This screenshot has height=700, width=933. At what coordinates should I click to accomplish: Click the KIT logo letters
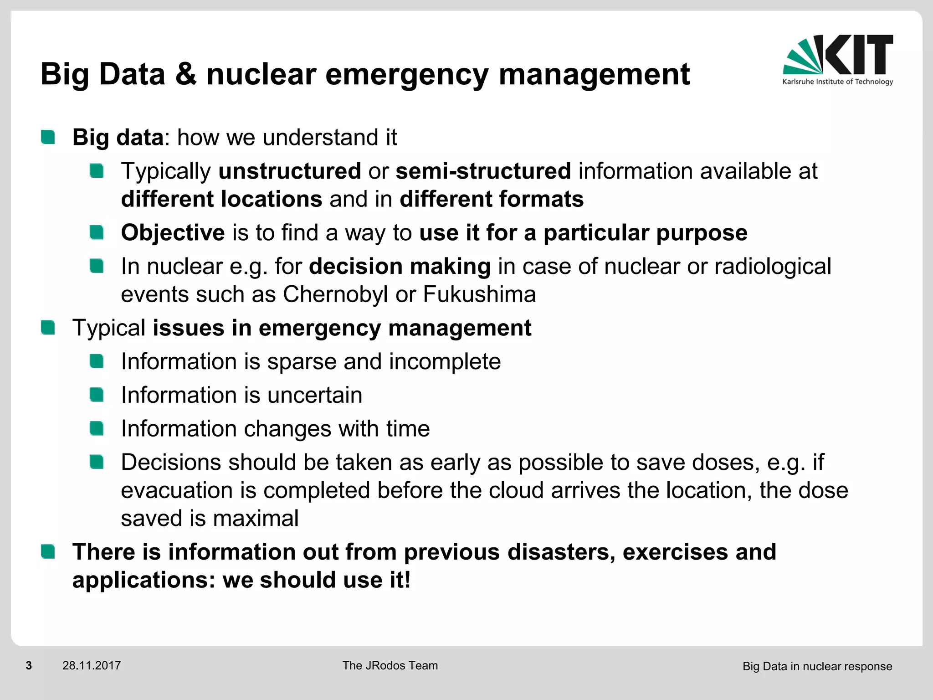click(859, 55)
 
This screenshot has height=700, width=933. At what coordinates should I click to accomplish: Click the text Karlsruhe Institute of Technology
click(837, 82)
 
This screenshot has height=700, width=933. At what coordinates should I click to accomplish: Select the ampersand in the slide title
click(186, 74)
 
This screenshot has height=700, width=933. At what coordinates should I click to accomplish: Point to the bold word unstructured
click(290, 171)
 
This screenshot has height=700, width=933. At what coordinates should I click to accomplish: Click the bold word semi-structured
click(483, 171)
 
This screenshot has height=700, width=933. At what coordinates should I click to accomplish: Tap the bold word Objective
click(173, 233)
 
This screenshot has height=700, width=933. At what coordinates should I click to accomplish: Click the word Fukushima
click(479, 294)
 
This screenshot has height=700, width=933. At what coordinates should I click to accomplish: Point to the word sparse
click(302, 362)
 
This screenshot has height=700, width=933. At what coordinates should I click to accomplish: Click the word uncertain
click(315, 395)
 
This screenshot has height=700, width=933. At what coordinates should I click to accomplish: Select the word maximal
click(256, 519)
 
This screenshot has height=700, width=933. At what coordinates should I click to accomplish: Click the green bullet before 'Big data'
click(48, 137)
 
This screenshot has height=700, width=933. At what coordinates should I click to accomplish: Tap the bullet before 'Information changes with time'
click(97, 428)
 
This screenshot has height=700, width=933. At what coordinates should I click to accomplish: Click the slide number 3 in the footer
click(29, 666)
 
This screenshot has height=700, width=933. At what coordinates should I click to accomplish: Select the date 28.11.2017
click(92, 666)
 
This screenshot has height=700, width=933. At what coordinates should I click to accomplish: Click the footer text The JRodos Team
click(390, 666)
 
